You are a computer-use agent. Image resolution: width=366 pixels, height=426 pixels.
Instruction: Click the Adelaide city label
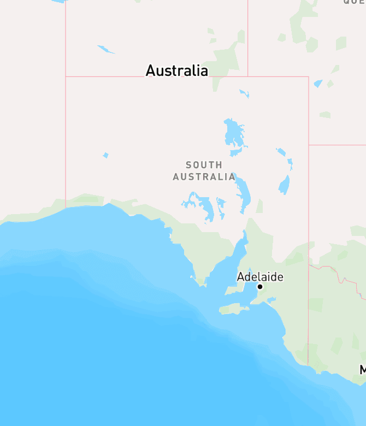260,277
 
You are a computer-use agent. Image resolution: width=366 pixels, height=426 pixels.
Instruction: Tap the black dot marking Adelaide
260,287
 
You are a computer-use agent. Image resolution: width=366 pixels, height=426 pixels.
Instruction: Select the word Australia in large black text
176,70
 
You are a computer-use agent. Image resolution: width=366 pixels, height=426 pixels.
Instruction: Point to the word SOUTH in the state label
204,165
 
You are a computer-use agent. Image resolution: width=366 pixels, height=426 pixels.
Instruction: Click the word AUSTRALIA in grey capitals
204,177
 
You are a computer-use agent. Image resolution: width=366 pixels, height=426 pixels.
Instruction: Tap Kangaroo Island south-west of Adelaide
234,310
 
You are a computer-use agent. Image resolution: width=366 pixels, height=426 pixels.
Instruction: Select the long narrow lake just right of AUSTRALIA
244,194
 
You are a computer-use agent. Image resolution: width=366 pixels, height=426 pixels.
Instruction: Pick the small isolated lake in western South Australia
105,156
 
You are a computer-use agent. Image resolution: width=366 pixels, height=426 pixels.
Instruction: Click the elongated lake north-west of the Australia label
106,50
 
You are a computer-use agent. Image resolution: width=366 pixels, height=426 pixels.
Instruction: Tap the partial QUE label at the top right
354,2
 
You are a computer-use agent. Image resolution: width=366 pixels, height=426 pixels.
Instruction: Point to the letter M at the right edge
363,370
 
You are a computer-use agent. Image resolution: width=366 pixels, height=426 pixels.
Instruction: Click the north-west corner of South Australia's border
66,76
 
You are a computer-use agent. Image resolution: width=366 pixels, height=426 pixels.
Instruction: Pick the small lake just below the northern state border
244,93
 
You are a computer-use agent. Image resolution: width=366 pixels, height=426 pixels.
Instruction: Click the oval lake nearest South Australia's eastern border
284,185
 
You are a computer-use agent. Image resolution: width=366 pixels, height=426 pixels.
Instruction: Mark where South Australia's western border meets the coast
66,208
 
